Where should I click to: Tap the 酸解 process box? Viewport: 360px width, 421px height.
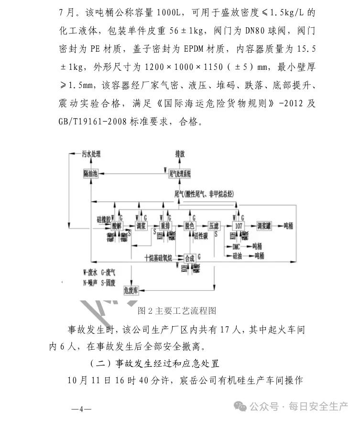pyautogui.click(x=117, y=225)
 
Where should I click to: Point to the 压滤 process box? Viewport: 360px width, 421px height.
pyautogui.click(x=214, y=225)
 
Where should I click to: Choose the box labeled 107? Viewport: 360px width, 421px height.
pyautogui.click(x=238, y=225)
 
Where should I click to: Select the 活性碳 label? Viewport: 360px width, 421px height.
pyautogui.click(x=200, y=235)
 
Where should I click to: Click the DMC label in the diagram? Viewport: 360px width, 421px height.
pyautogui.click(x=236, y=247)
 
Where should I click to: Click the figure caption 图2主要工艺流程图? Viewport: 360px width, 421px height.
pyautogui.click(x=176, y=311)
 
